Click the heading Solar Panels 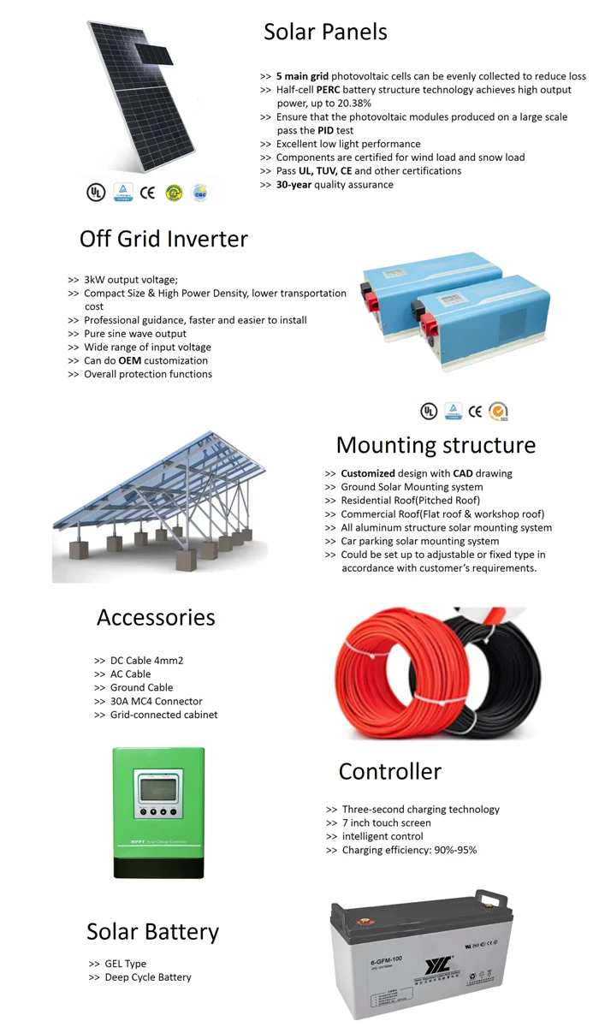[x=325, y=33]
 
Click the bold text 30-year [x=294, y=184]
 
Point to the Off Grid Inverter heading [x=163, y=239]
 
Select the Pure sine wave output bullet [x=134, y=334]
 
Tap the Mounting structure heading [x=436, y=445]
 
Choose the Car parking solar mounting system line [x=419, y=541]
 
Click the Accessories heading [x=156, y=617]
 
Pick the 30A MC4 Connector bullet [x=156, y=701]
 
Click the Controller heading [x=389, y=771]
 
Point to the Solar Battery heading [x=152, y=931]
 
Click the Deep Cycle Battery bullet [x=147, y=977]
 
